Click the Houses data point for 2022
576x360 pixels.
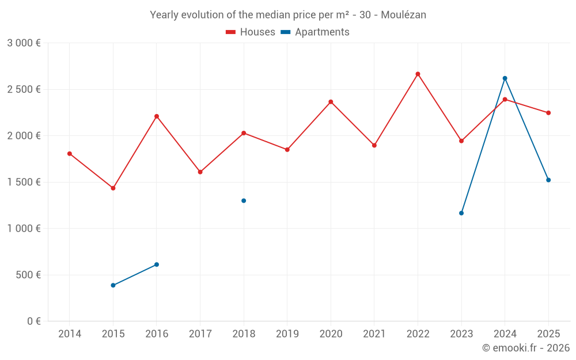click(x=418, y=74)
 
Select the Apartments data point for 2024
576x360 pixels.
click(x=505, y=78)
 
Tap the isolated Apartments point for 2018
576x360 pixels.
click(x=244, y=200)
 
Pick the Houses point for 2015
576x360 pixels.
click(x=113, y=188)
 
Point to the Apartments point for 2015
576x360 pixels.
click(x=113, y=285)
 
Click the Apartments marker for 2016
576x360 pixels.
click(x=157, y=264)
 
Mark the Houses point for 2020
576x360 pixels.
click(x=331, y=102)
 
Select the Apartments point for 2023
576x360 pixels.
click(x=461, y=213)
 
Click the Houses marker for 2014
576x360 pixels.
click(x=70, y=154)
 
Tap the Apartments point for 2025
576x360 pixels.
click(x=548, y=180)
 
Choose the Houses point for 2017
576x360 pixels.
click(x=200, y=172)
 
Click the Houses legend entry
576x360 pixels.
click(x=251, y=32)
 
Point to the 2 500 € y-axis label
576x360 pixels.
click(x=24, y=89)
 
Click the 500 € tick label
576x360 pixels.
click(x=27, y=275)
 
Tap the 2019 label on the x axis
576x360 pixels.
click(x=287, y=334)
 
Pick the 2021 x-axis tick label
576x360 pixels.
click(x=374, y=334)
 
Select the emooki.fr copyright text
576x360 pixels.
click(x=525, y=348)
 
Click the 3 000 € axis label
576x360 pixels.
click(x=24, y=43)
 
